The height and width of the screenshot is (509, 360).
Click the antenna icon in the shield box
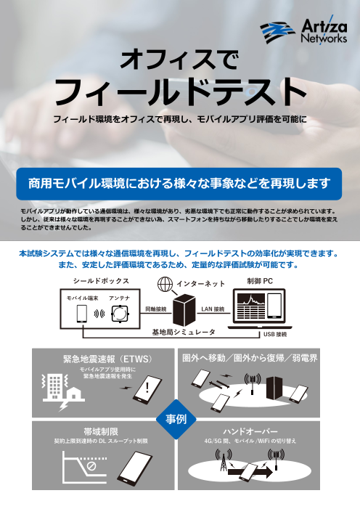pos(120,314)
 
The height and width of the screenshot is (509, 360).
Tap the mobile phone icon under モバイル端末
pos(81,314)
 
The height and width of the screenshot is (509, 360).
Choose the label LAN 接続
pos(213,309)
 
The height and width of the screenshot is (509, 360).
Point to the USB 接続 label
pos(276,335)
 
